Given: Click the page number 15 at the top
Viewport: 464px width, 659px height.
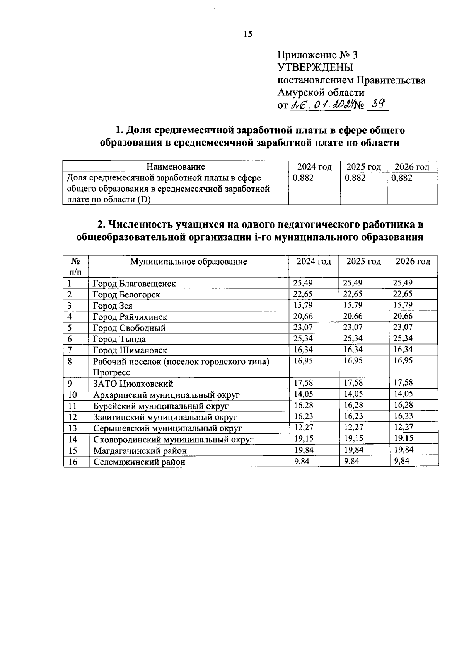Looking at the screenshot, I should click(248, 34).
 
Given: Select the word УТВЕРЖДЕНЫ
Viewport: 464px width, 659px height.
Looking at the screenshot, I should click(316, 68).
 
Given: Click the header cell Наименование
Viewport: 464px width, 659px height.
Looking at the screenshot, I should click(176, 167).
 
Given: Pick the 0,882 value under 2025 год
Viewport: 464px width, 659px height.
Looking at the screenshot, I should click(355, 178).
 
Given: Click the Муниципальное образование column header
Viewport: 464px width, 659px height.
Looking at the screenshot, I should click(188, 262).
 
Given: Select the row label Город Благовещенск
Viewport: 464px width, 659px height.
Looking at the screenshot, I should click(134, 284).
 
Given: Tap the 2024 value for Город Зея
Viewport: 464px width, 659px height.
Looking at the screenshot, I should click(303, 305).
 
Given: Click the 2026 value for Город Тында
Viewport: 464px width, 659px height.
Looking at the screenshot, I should click(403, 338).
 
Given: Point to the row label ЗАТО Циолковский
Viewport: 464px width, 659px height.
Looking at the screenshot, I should click(133, 384).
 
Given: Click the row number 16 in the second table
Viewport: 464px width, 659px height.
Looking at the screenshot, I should click(73, 462).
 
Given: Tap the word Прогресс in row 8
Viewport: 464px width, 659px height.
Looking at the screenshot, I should click(111, 373).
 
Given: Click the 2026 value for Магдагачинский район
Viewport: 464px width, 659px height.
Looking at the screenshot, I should click(404, 450).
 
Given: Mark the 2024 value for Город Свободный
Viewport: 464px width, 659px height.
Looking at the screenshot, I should click(303, 327).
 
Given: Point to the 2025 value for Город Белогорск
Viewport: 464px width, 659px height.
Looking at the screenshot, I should click(353, 294).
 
